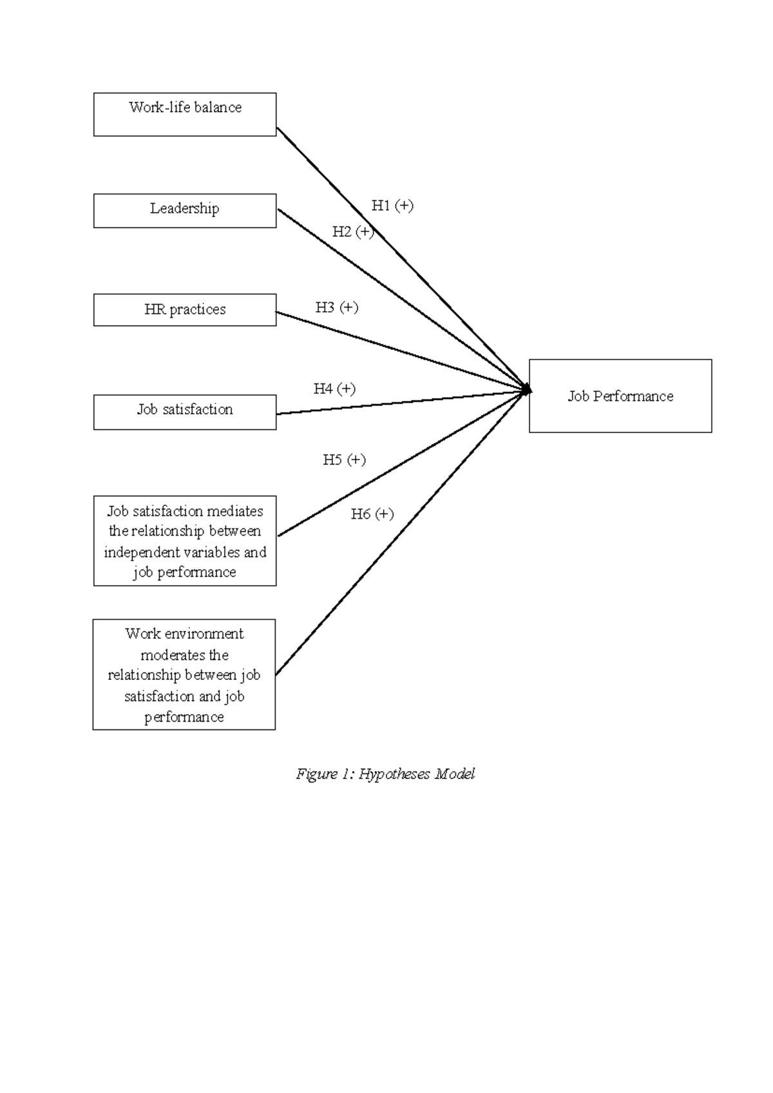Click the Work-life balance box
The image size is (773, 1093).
(185, 114)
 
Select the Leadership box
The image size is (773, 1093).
(185, 210)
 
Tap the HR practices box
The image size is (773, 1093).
(185, 310)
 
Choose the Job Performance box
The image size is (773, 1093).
(620, 396)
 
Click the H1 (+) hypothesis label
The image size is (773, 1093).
(392, 206)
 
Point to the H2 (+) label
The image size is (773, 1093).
(353, 231)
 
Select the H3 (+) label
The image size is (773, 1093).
(337, 307)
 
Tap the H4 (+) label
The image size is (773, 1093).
(334, 389)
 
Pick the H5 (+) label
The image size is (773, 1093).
(344, 459)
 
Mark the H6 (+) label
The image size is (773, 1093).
(372, 514)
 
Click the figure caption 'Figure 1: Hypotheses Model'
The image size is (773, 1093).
(385, 774)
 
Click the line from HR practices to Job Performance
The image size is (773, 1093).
(399, 351)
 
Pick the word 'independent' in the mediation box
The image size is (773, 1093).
(142, 552)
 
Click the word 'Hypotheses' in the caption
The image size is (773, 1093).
(394, 774)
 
